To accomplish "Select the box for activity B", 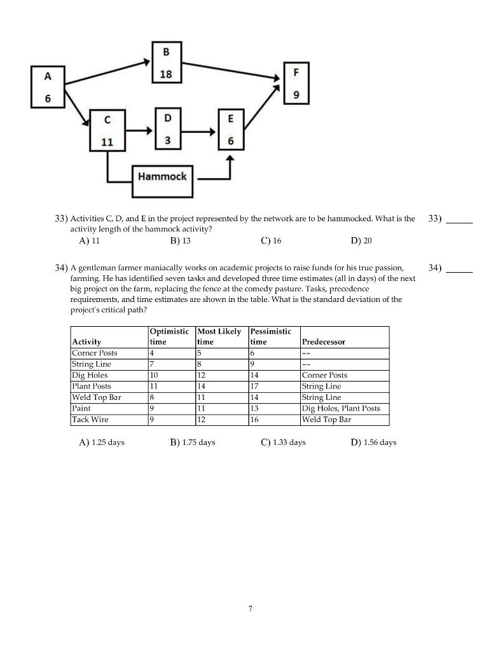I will point(166,62).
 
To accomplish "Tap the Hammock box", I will point(162,176).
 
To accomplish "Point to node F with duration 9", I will point(296,84).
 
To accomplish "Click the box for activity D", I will point(167,129).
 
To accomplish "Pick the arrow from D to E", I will point(200,132).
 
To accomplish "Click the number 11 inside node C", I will point(107,142).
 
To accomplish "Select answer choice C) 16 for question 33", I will point(271,241).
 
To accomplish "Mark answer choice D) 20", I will point(361,241).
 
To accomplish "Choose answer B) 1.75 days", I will point(193,442).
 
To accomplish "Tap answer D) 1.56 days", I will point(373,442).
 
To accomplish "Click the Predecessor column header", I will point(324,342).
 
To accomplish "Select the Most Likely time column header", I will point(219,336).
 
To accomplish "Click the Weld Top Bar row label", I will point(97,397).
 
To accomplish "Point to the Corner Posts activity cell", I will point(95,353).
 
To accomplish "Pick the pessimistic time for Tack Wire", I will point(255,420).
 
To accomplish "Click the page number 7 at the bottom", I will point(251,608).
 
